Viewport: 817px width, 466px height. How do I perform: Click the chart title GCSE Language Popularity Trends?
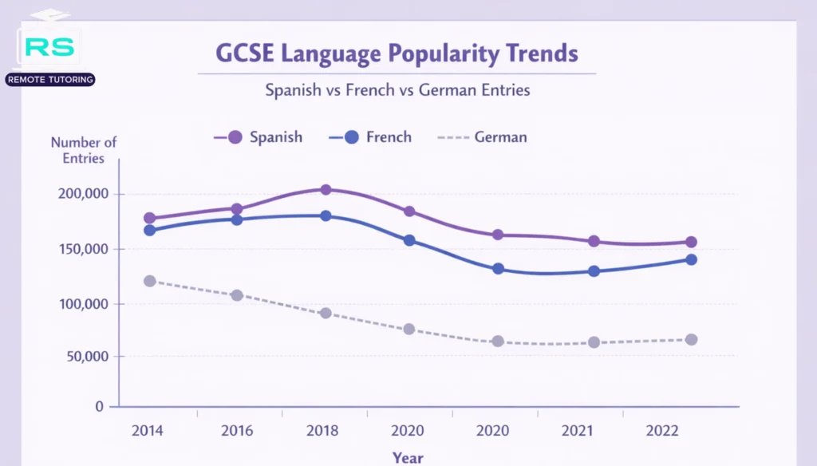pos(397,54)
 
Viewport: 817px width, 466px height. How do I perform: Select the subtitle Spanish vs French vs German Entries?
pos(397,89)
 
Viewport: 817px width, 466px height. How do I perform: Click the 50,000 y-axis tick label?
pos(85,356)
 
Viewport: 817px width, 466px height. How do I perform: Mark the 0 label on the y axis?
pos(100,406)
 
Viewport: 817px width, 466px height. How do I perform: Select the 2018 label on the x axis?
pos(322,431)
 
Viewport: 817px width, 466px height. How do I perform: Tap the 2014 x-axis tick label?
pos(148,431)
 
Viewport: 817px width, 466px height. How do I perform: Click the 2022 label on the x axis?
pos(664,431)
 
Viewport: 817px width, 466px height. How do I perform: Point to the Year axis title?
pos(408,457)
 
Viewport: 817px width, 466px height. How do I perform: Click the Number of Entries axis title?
pos(84,150)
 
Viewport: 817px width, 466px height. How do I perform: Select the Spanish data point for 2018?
pos(326,189)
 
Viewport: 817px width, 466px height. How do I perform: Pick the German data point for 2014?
pos(149,281)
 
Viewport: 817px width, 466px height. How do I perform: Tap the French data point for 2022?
pos(691,259)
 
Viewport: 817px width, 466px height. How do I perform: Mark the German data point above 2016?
pos(237,295)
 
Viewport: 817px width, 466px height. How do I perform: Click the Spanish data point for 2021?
pos(594,241)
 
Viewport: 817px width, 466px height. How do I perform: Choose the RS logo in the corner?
pos(49,47)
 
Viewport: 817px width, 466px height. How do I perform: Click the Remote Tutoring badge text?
pos(49,80)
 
